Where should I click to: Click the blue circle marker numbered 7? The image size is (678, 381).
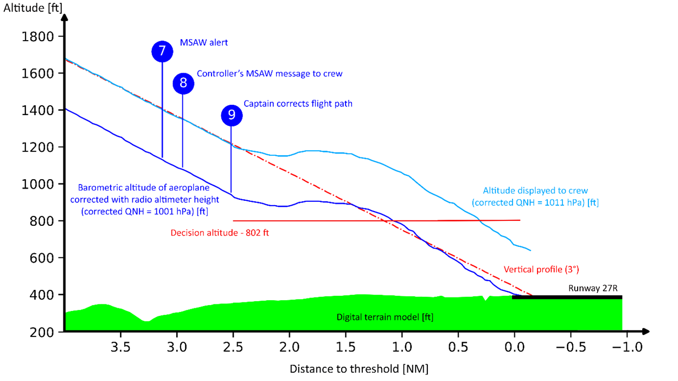pos(162,52)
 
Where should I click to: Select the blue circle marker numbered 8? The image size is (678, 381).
pos(183,83)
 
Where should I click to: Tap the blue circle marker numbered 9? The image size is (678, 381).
pos(232,115)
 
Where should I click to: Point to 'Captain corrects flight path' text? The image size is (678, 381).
pos(298,103)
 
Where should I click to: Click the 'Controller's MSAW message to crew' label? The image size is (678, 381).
pos(270,73)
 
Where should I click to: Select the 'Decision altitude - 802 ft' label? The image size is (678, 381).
pos(220,233)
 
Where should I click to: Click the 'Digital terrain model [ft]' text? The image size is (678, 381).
pos(385,317)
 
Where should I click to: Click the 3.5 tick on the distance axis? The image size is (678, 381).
pos(120,347)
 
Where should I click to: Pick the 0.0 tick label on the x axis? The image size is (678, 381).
pos(514,347)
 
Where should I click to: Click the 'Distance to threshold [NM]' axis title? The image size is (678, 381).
pos(359,369)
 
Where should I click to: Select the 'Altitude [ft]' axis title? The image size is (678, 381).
pos(32,8)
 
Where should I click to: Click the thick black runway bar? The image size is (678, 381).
pos(567,297)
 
